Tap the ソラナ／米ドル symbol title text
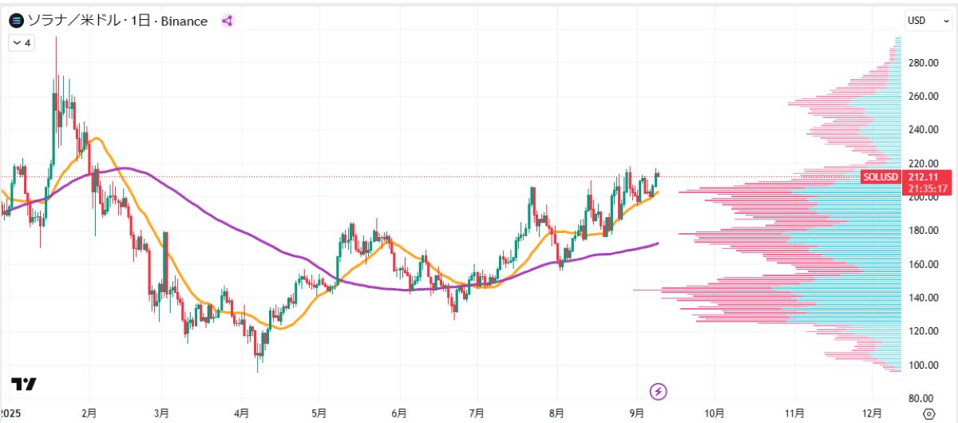click(x=72, y=22)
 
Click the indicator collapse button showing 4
click(x=21, y=43)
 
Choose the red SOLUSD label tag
click(x=881, y=177)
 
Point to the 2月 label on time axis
click(x=89, y=413)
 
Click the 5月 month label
click(x=319, y=413)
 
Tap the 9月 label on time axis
click(x=636, y=413)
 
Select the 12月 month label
click(x=873, y=413)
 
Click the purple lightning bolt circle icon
click(x=659, y=391)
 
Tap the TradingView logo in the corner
click(x=24, y=384)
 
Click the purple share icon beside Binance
click(x=227, y=22)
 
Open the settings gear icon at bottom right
click(x=928, y=413)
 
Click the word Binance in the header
click(x=184, y=22)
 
